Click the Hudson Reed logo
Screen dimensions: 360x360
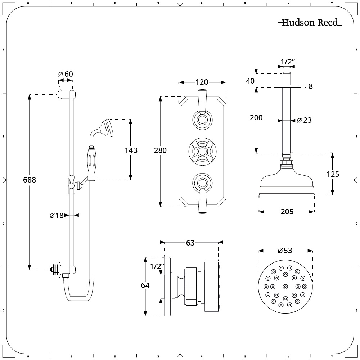click(310, 23)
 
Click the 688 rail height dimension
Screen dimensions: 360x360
click(30, 179)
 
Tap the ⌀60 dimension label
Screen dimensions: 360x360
click(66, 74)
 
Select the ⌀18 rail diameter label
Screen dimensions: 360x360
click(57, 215)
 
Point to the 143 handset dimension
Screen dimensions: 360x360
click(131, 150)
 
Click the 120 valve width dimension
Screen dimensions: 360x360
click(202, 82)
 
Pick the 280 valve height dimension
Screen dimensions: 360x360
click(160, 150)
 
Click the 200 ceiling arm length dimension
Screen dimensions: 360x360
click(256, 117)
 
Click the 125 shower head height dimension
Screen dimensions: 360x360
click(333, 174)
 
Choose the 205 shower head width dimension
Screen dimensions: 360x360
click(287, 212)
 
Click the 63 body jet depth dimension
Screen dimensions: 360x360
click(190, 243)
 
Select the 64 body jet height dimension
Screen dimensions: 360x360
click(145, 285)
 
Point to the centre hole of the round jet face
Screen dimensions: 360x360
click(285, 287)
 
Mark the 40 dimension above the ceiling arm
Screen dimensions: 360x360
click(250, 81)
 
